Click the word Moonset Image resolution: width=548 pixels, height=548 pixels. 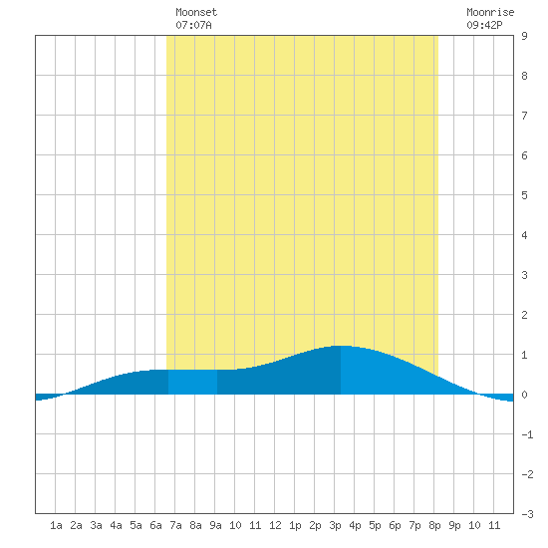pyautogui.click(x=196, y=12)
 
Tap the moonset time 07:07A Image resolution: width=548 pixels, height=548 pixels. pyautogui.click(x=193, y=25)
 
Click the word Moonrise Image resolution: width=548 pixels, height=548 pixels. pyautogui.click(x=490, y=12)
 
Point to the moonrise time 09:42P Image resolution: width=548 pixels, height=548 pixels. pyautogui.click(x=484, y=25)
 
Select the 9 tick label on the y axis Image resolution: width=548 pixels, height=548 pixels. pyautogui.click(x=524, y=36)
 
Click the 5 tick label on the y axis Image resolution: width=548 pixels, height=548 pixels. pyautogui.click(x=524, y=195)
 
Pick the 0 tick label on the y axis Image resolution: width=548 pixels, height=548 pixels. pyautogui.click(x=524, y=395)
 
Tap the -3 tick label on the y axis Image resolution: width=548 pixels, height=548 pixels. pyautogui.click(x=527, y=514)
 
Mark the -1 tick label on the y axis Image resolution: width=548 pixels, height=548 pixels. pyautogui.click(x=527, y=434)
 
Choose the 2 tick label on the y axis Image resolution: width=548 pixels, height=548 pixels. pyautogui.click(x=524, y=315)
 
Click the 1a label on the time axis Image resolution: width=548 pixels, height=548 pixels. pyautogui.click(x=56, y=525)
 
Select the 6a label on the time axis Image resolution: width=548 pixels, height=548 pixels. pyautogui.click(x=155, y=525)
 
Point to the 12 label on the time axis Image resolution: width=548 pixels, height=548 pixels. pyautogui.click(x=275, y=525)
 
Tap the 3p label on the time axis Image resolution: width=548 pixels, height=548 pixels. pyautogui.click(x=335, y=525)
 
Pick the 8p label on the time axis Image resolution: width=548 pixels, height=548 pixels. pyautogui.click(x=434, y=525)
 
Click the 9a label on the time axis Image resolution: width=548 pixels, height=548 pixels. pyautogui.click(x=215, y=525)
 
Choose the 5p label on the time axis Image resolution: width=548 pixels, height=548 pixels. pyautogui.click(x=375, y=525)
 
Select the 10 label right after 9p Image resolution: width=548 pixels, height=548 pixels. pyautogui.click(x=474, y=525)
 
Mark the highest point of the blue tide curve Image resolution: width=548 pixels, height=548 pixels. pyautogui.click(x=341, y=346)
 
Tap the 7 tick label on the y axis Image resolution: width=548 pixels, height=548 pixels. pyautogui.click(x=524, y=116)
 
